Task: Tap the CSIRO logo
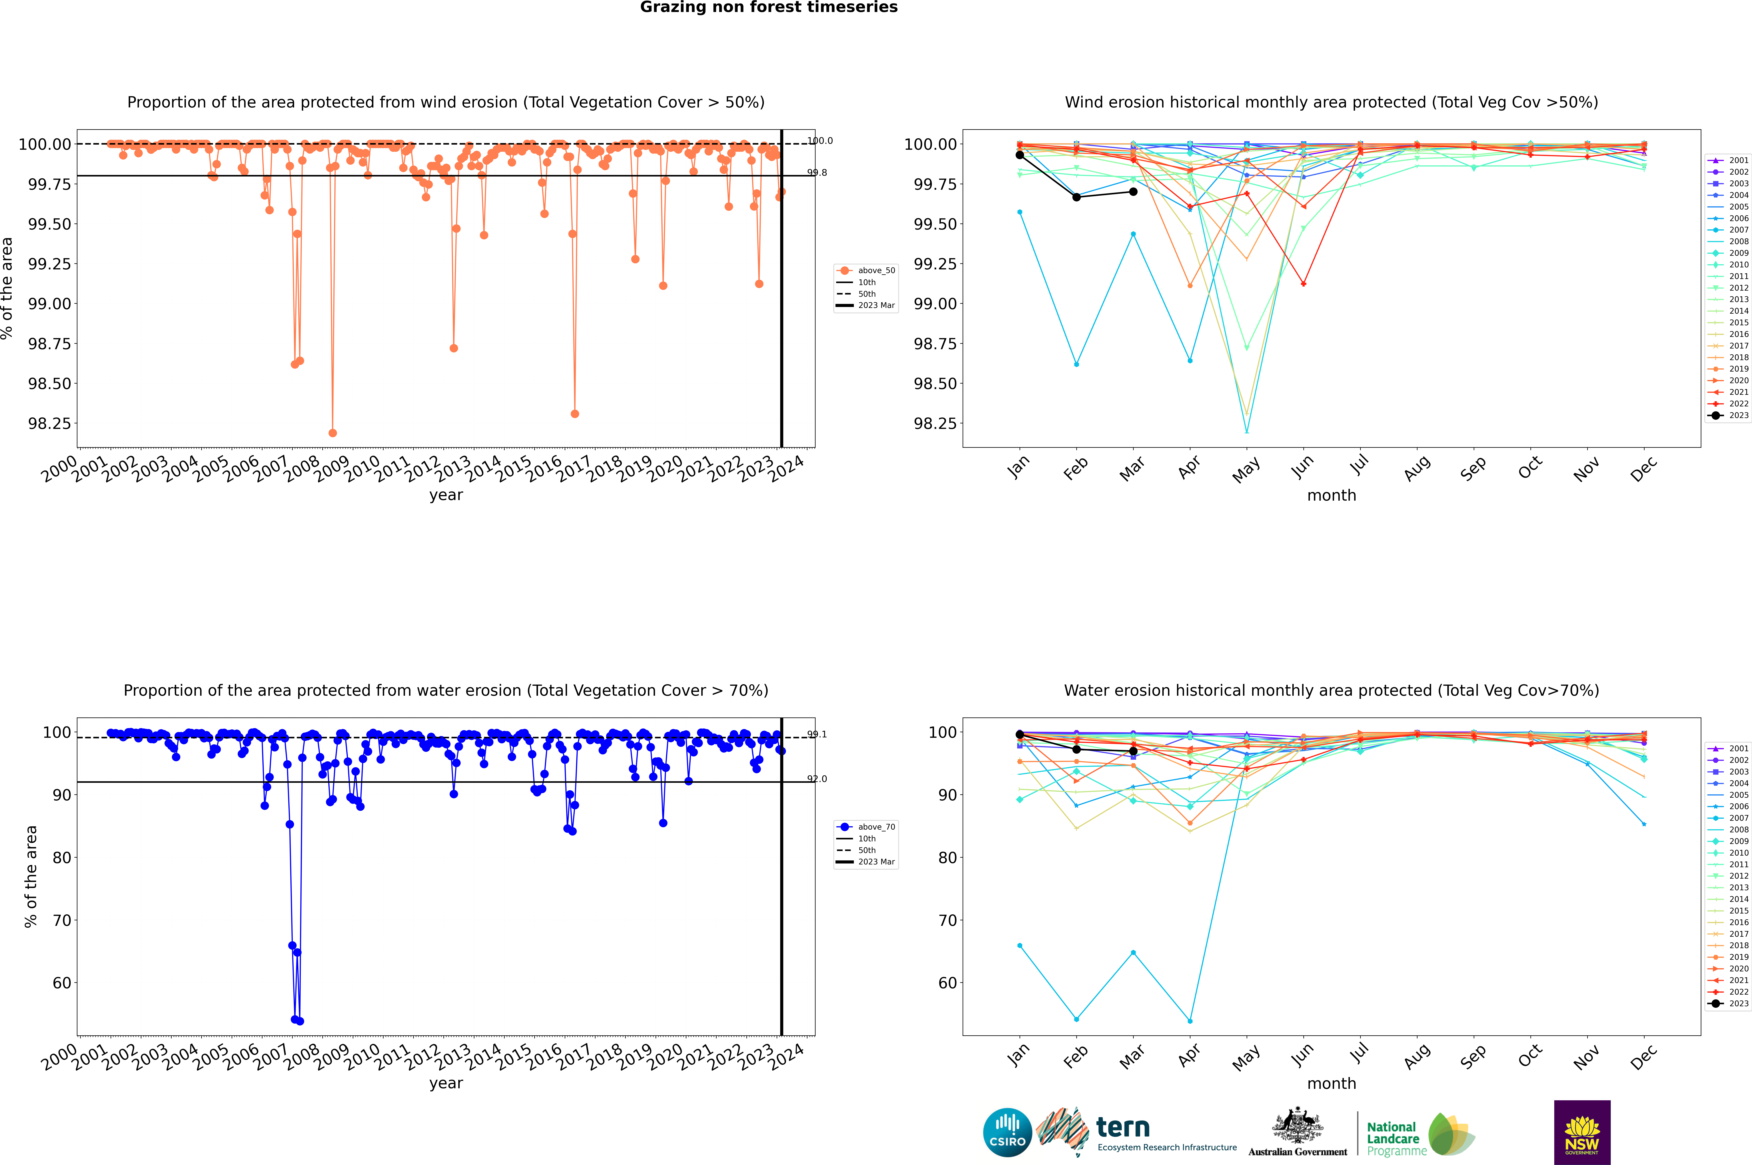pyautogui.click(x=1007, y=1132)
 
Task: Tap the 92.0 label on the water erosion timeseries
pyautogui.click(x=817, y=779)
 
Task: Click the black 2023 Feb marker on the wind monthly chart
pyautogui.click(x=1076, y=197)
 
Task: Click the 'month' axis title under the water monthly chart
pyautogui.click(x=1331, y=1083)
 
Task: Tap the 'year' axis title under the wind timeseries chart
pyautogui.click(x=446, y=495)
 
